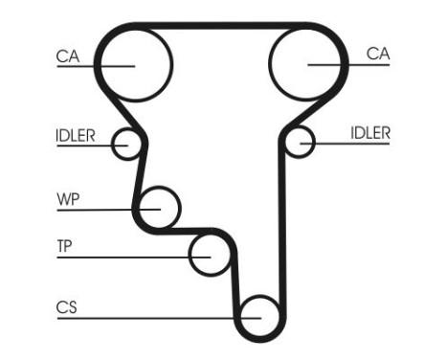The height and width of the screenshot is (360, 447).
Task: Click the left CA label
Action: pos(67,56)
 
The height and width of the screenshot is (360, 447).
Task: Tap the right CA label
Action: pos(378,55)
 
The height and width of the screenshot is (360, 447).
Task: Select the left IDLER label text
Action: pos(75,135)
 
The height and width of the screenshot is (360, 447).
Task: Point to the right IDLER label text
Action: pos(370,134)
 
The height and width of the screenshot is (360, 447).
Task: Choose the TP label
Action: pos(64,246)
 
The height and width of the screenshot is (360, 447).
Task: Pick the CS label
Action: pos(66,307)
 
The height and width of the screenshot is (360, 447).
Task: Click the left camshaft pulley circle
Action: pos(135,63)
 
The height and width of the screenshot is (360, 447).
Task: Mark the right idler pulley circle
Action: pos(301,144)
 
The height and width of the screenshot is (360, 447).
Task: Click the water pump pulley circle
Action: pos(159,207)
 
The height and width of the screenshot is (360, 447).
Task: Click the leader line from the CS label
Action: pos(144,317)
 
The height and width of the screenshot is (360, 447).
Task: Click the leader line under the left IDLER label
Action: pos(86,145)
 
